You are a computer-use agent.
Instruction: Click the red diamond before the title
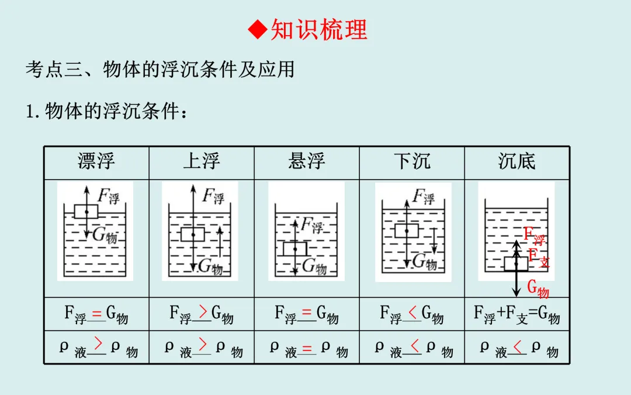[x=257, y=29]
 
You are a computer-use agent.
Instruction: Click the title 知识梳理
[x=319, y=29]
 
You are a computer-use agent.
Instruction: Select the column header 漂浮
[x=96, y=162]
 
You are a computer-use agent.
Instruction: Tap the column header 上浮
[x=202, y=162]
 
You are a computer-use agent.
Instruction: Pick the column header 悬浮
[x=307, y=162]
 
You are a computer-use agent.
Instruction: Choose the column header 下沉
[x=412, y=162]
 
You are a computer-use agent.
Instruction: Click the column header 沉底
[x=517, y=162]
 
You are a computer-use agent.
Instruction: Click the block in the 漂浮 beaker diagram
[x=86, y=211]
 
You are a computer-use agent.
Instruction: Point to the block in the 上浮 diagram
[x=192, y=234]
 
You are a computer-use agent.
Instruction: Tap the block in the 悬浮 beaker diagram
[x=295, y=249]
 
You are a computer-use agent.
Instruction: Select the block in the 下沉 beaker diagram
[x=406, y=230]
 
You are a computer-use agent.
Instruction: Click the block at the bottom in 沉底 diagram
[x=516, y=264]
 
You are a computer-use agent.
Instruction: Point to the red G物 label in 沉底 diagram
[x=538, y=288]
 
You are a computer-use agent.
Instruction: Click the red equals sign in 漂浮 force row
[x=97, y=312]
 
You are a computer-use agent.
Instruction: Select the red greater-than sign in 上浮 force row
[x=202, y=311]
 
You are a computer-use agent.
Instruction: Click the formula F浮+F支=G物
[x=517, y=315]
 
